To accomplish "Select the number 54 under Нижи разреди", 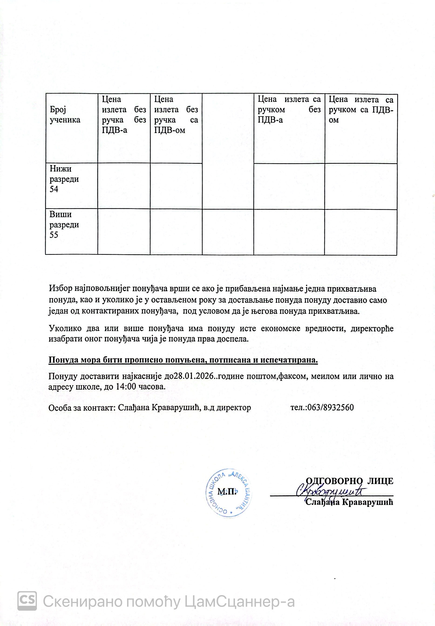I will pyautogui.click(x=54, y=189).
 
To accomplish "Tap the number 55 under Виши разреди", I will pyautogui.click(x=54, y=235).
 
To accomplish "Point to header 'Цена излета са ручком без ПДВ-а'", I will pyautogui.click(x=289, y=109).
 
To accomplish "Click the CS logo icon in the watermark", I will pyautogui.click(x=27, y=601).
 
